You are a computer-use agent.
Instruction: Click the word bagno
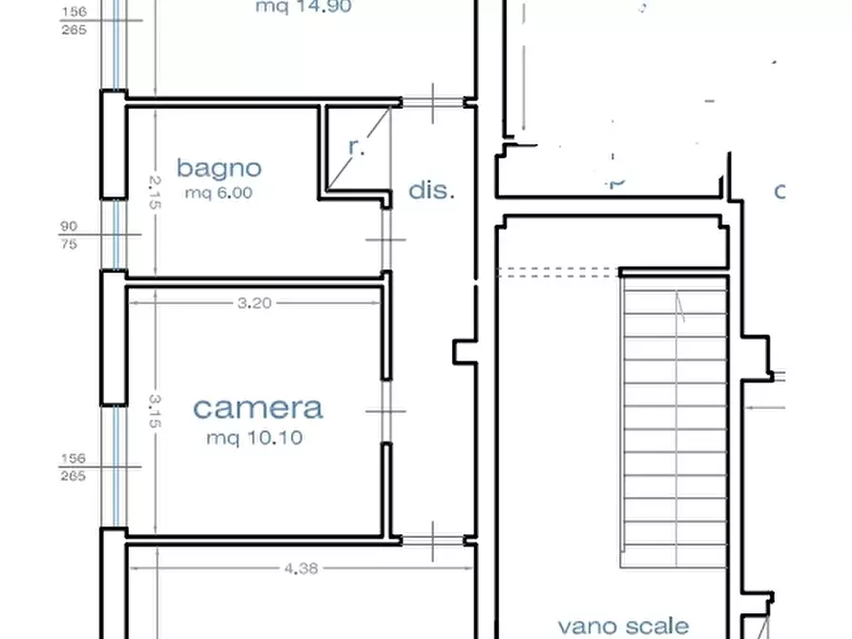pyautogui.click(x=218, y=169)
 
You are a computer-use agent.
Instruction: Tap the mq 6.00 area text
pyautogui.click(x=218, y=193)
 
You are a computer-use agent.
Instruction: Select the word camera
pyautogui.click(x=258, y=408)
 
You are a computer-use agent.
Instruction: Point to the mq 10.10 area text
pyautogui.click(x=255, y=439)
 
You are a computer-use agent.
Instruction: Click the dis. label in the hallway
pyautogui.click(x=431, y=190)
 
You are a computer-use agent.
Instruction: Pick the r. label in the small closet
pyautogui.click(x=356, y=147)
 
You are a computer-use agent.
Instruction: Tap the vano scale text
pyautogui.click(x=623, y=626)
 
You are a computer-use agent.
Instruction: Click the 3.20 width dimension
pyautogui.click(x=255, y=304)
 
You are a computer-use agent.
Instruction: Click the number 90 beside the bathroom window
pyautogui.click(x=69, y=227)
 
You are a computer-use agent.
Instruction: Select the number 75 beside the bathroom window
pyautogui.click(x=69, y=242)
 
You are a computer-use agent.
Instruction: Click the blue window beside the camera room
pyautogui.click(x=114, y=467)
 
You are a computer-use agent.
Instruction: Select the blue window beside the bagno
pyautogui.click(x=114, y=235)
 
